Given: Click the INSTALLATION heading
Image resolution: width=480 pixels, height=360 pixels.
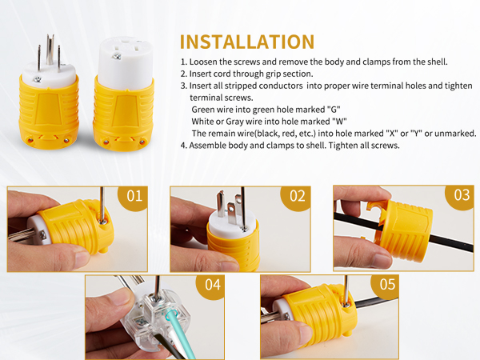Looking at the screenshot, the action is pyautogui.click(x=247, y=42).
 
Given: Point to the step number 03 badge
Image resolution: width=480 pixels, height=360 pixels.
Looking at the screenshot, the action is pyautogui.click(x=461, y=196).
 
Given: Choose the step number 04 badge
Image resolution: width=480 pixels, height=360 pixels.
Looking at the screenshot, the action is pyautogui.click(x=212, y=286).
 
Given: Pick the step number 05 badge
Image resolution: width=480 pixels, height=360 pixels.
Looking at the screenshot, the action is pyautogui.click(x=386, y=286).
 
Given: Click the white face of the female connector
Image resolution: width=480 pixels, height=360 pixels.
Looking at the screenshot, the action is pyautogui.click(x=126, y=62).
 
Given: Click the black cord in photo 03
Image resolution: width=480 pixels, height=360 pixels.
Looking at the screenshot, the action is pyautogui.click(x=453, y=243).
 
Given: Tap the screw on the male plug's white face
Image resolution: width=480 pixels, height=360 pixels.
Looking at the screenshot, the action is pyautogui.click(x=38, y=79).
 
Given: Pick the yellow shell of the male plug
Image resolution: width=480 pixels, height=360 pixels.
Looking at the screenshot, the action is pyautogui.click(x=49, y=114).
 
